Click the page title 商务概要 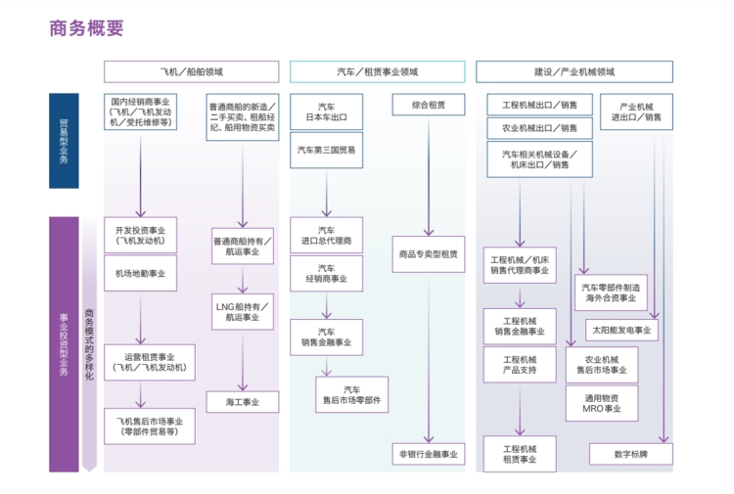click(86, 27)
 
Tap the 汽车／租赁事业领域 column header click(377, 71)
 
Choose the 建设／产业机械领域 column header click(573, 71)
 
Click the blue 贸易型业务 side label click(64, 140)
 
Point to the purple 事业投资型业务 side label click(64, 344)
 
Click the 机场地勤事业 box click(141, 274)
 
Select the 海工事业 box click(242, 401)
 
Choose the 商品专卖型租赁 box click(428, 253)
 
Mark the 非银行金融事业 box click(427, 455)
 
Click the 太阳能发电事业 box click(621, 329)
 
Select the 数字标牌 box click(629, 455)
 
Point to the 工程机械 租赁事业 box click(520, 455)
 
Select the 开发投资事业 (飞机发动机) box click(141, 235)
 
